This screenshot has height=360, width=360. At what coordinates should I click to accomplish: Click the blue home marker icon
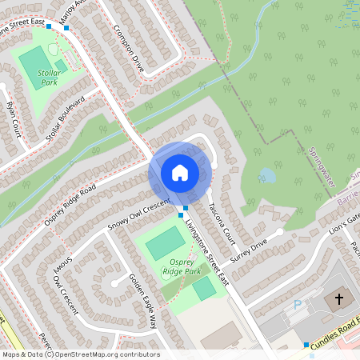tap(180, 172)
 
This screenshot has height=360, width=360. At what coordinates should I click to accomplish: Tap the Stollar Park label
tap(50, 78)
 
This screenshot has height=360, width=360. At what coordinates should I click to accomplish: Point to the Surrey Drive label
tap(248, 252)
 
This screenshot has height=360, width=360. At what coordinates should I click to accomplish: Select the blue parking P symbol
tap(298, 305)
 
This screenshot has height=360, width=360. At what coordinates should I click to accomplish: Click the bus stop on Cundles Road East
tap(306, 345)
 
